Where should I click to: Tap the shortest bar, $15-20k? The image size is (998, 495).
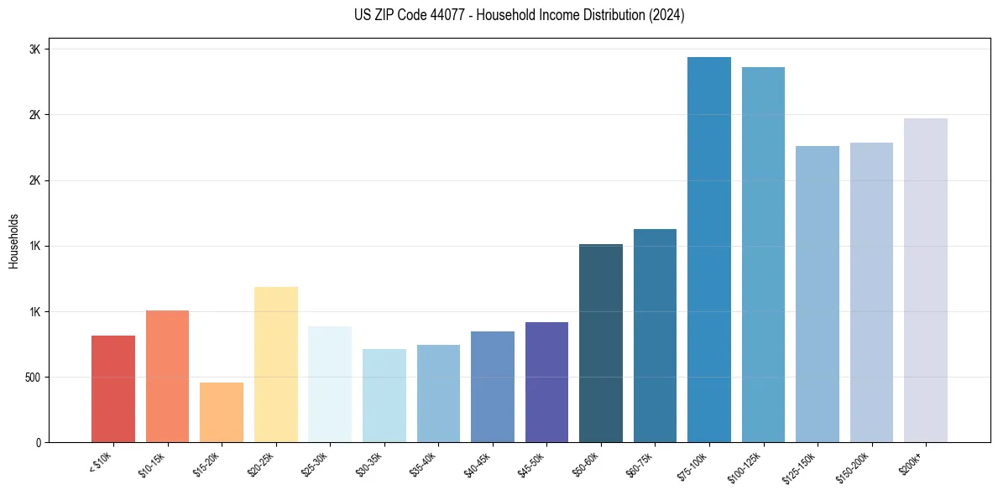(x=222, y=412)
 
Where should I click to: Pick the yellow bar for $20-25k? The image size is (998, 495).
(x=276, y=364)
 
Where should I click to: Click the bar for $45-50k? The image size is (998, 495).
(x=546, y=382)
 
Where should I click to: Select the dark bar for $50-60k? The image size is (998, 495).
(x=601, y=343)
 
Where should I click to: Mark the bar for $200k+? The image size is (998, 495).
(x=926, y=280)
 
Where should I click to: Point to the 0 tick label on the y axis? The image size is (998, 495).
(x=39, y=442)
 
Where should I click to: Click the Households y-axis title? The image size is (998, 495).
(x=13, y=240)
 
